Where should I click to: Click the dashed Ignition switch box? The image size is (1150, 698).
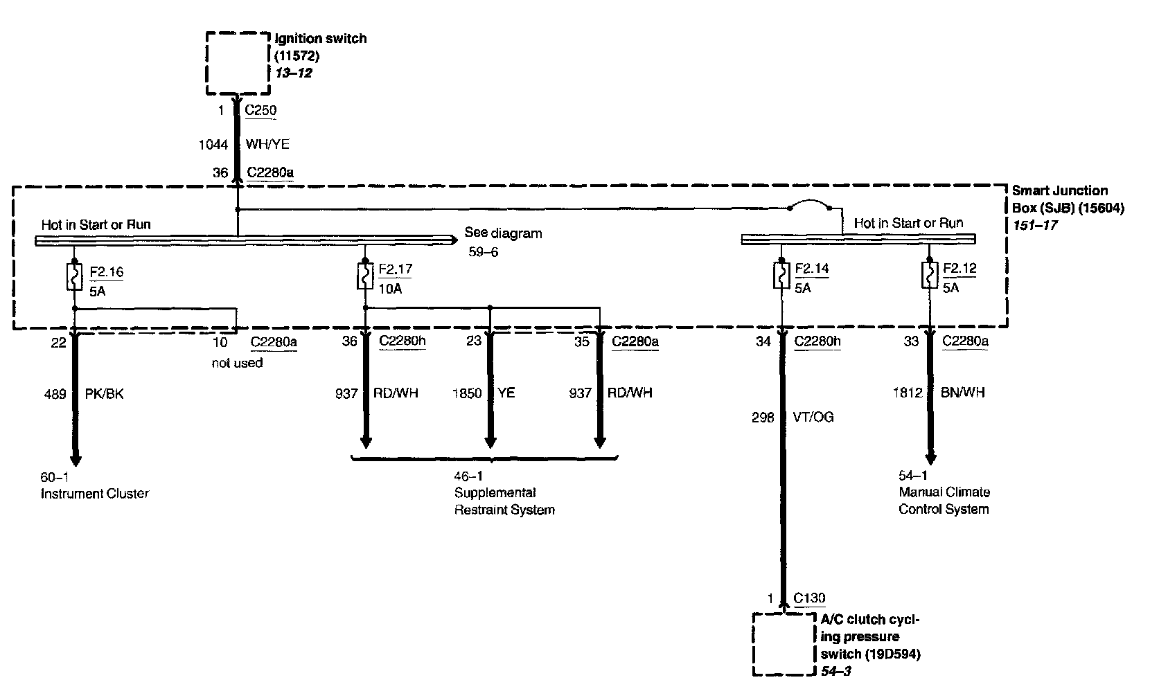coord(238,63)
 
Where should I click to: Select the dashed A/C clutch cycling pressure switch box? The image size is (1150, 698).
coord(784,643)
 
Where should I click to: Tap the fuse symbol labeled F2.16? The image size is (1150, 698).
coord(73,276)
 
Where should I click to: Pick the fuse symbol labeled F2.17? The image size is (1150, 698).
coord(365,277)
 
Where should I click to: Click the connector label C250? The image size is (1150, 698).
coord(260,110)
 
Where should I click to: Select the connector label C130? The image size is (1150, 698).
coord(809,598)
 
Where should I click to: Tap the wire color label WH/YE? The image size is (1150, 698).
coord(267,145)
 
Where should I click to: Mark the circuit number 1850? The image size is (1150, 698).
coord(466,393)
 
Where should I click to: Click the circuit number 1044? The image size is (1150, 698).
coord(214,145)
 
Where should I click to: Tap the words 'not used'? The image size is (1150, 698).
coord(237,363)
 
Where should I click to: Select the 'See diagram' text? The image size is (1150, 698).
coord(503,233)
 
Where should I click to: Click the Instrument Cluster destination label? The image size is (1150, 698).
coord(95,494)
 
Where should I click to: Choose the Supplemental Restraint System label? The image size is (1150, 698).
coord(504,501)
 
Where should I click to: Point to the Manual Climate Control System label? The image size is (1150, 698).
coord(944,501)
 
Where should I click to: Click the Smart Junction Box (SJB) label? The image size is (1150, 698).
coord(1068,199)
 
